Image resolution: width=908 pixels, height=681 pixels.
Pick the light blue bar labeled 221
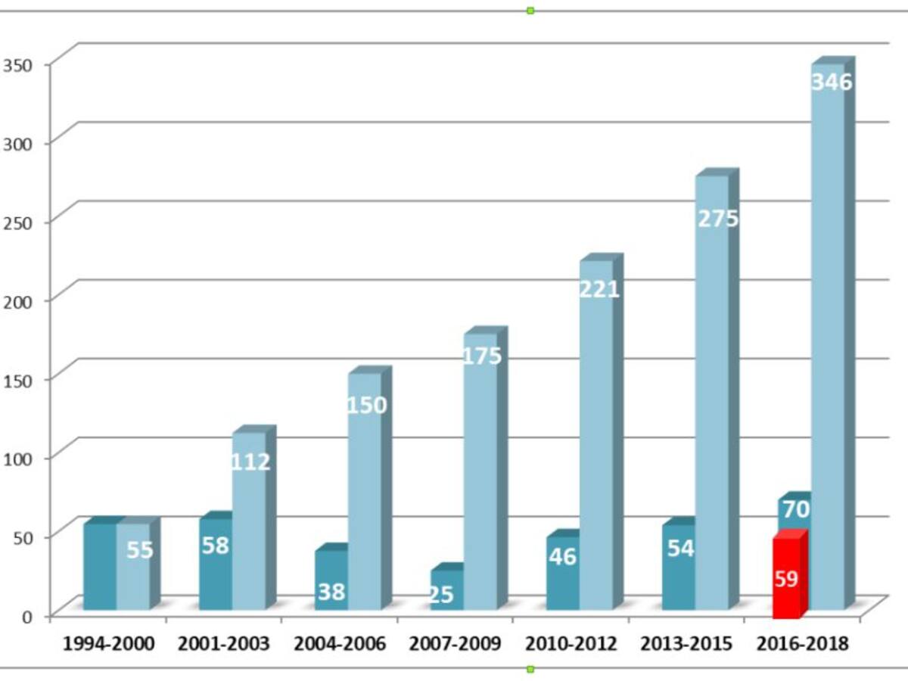(x=595, y=435)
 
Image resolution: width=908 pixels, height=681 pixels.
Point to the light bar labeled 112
(x=249, y=522)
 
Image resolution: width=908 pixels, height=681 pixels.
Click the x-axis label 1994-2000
(x=108, y=645)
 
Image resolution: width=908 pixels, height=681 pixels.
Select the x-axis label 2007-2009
(x=455, y=645)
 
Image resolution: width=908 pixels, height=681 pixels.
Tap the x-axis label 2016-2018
(x=802, y=645)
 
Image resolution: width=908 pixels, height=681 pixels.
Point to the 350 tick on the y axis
(x=16, y=65)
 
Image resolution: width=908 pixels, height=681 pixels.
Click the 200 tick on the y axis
(x=16, y=300)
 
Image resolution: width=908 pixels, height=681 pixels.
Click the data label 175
(x=482, y=356)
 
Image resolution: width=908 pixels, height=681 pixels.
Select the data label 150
(x=366, y=406)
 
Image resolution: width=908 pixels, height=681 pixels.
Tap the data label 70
(x=795, y=510)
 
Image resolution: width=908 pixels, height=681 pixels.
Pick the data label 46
(x=562, y=557)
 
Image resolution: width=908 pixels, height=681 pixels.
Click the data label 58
(x=215, y=546)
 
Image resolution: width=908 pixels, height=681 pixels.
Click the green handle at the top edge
(x=530, y=11)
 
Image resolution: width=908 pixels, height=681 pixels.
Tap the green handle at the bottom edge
(x=530, y=669)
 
